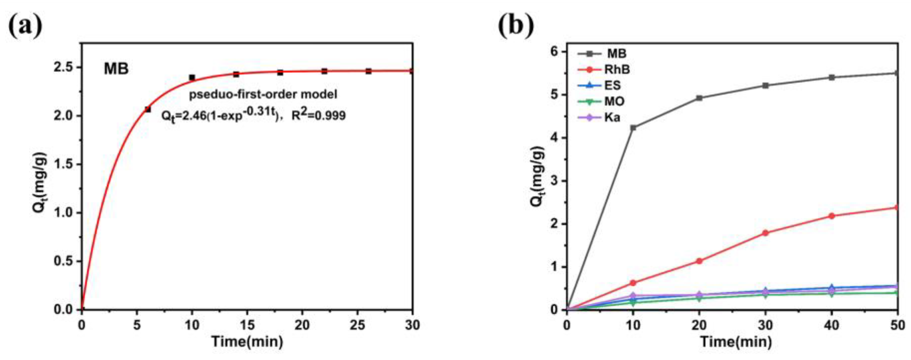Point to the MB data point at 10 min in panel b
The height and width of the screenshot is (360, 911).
click(x=633, y=128)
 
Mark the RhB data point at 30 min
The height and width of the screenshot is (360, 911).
click(x=766, y=233)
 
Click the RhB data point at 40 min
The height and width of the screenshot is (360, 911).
click(x=832, y=216)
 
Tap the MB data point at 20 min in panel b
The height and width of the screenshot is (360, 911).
click(x=699, y=98)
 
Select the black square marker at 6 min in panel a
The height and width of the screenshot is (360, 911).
click(x=148, y=110)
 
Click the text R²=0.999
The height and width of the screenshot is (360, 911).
click(x=318, y=116)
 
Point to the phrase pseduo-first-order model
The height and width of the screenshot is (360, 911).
click(x=263, y=94)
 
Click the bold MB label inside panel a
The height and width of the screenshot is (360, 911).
click(x=116, y=69)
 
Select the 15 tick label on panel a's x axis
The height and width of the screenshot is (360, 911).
click(x=247, y=325)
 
